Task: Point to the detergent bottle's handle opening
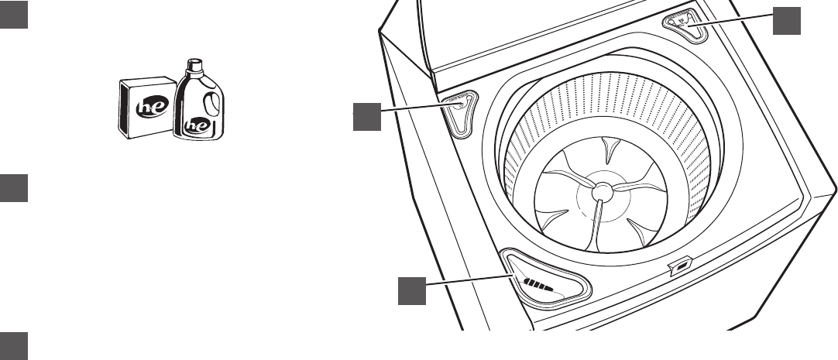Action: click(x=208, y=104)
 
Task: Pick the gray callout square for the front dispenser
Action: click(x=413, y=290)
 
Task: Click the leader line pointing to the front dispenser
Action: click(x=468, y=279)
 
